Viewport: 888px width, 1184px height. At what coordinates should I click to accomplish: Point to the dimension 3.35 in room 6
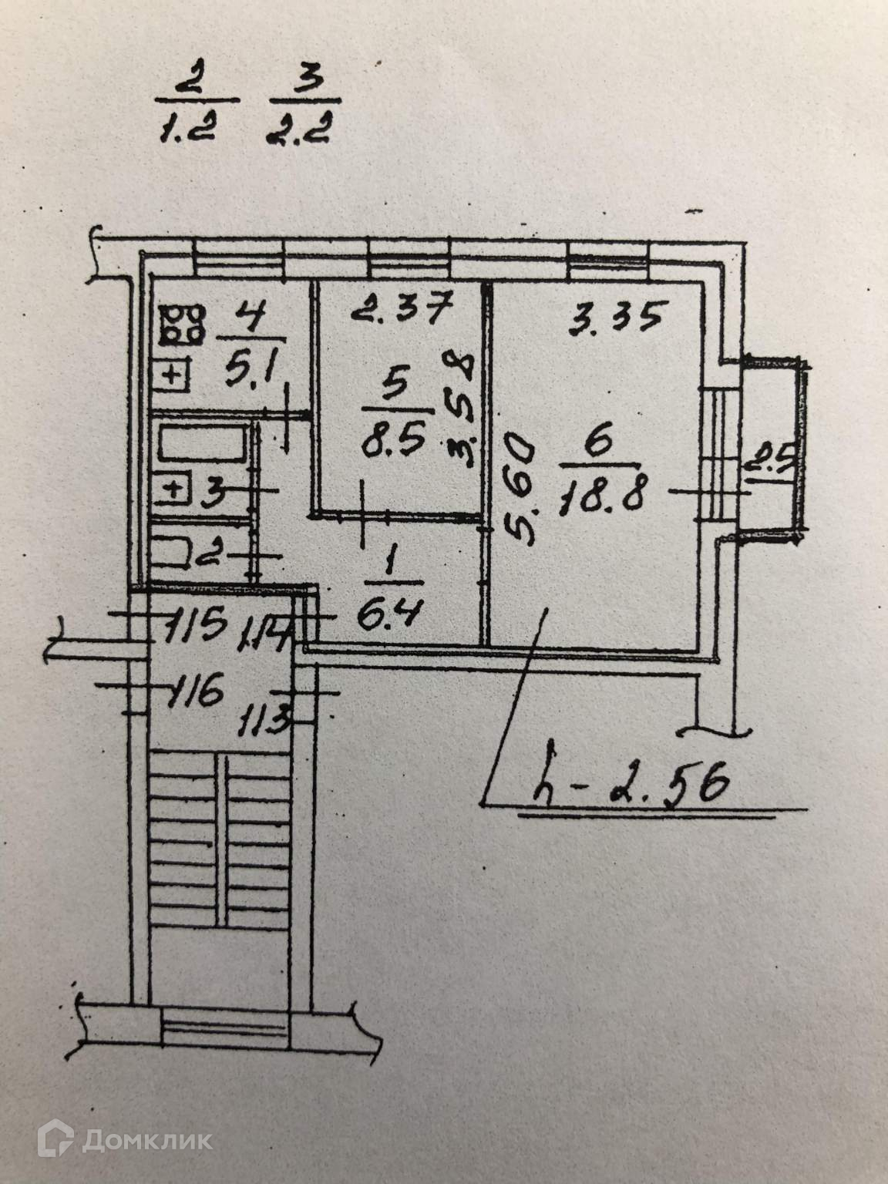click(614, 317)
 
